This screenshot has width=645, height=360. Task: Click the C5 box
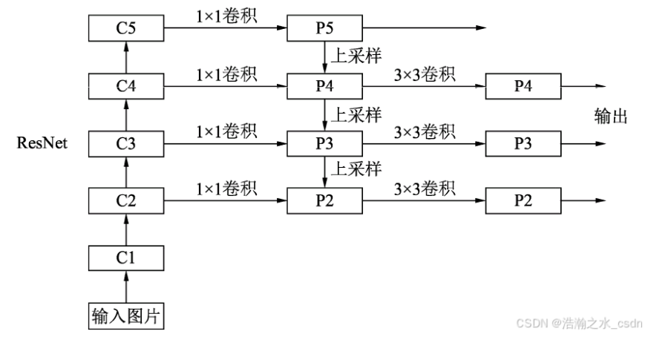coord(125,29)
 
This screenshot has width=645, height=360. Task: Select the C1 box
coord(125,258)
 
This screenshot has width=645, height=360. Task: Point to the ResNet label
coord(42,143)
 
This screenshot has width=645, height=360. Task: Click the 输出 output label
coord(612,116)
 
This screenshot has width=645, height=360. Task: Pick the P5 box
coord(324,29)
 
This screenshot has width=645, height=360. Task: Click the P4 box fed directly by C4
coord(324,86)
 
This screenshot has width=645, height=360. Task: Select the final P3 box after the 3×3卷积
coord(523,143)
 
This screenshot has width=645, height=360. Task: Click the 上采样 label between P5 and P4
coord(356,57)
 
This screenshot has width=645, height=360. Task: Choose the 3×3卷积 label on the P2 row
coord(425,189)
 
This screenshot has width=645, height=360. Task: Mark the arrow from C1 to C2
coord(125,229)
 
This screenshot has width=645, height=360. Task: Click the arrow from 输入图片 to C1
coord(125,287)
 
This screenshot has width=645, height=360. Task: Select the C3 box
coord(125,143)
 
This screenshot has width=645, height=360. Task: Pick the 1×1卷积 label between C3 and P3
coord(226,131)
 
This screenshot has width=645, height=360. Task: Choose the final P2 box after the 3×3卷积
coord(523,200)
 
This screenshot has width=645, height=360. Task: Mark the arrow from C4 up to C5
coord(125,57)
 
